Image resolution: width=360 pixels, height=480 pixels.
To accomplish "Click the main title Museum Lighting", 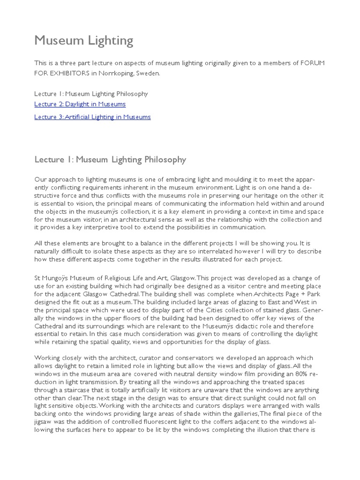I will click(x=84, y=41).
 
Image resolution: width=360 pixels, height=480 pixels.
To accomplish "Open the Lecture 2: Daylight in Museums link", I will click(x=80, y=104).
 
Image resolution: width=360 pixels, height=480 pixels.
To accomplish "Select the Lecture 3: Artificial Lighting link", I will click(x=92, y=117).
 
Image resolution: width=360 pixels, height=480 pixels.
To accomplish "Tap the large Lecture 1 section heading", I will click(x=110, y=160).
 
